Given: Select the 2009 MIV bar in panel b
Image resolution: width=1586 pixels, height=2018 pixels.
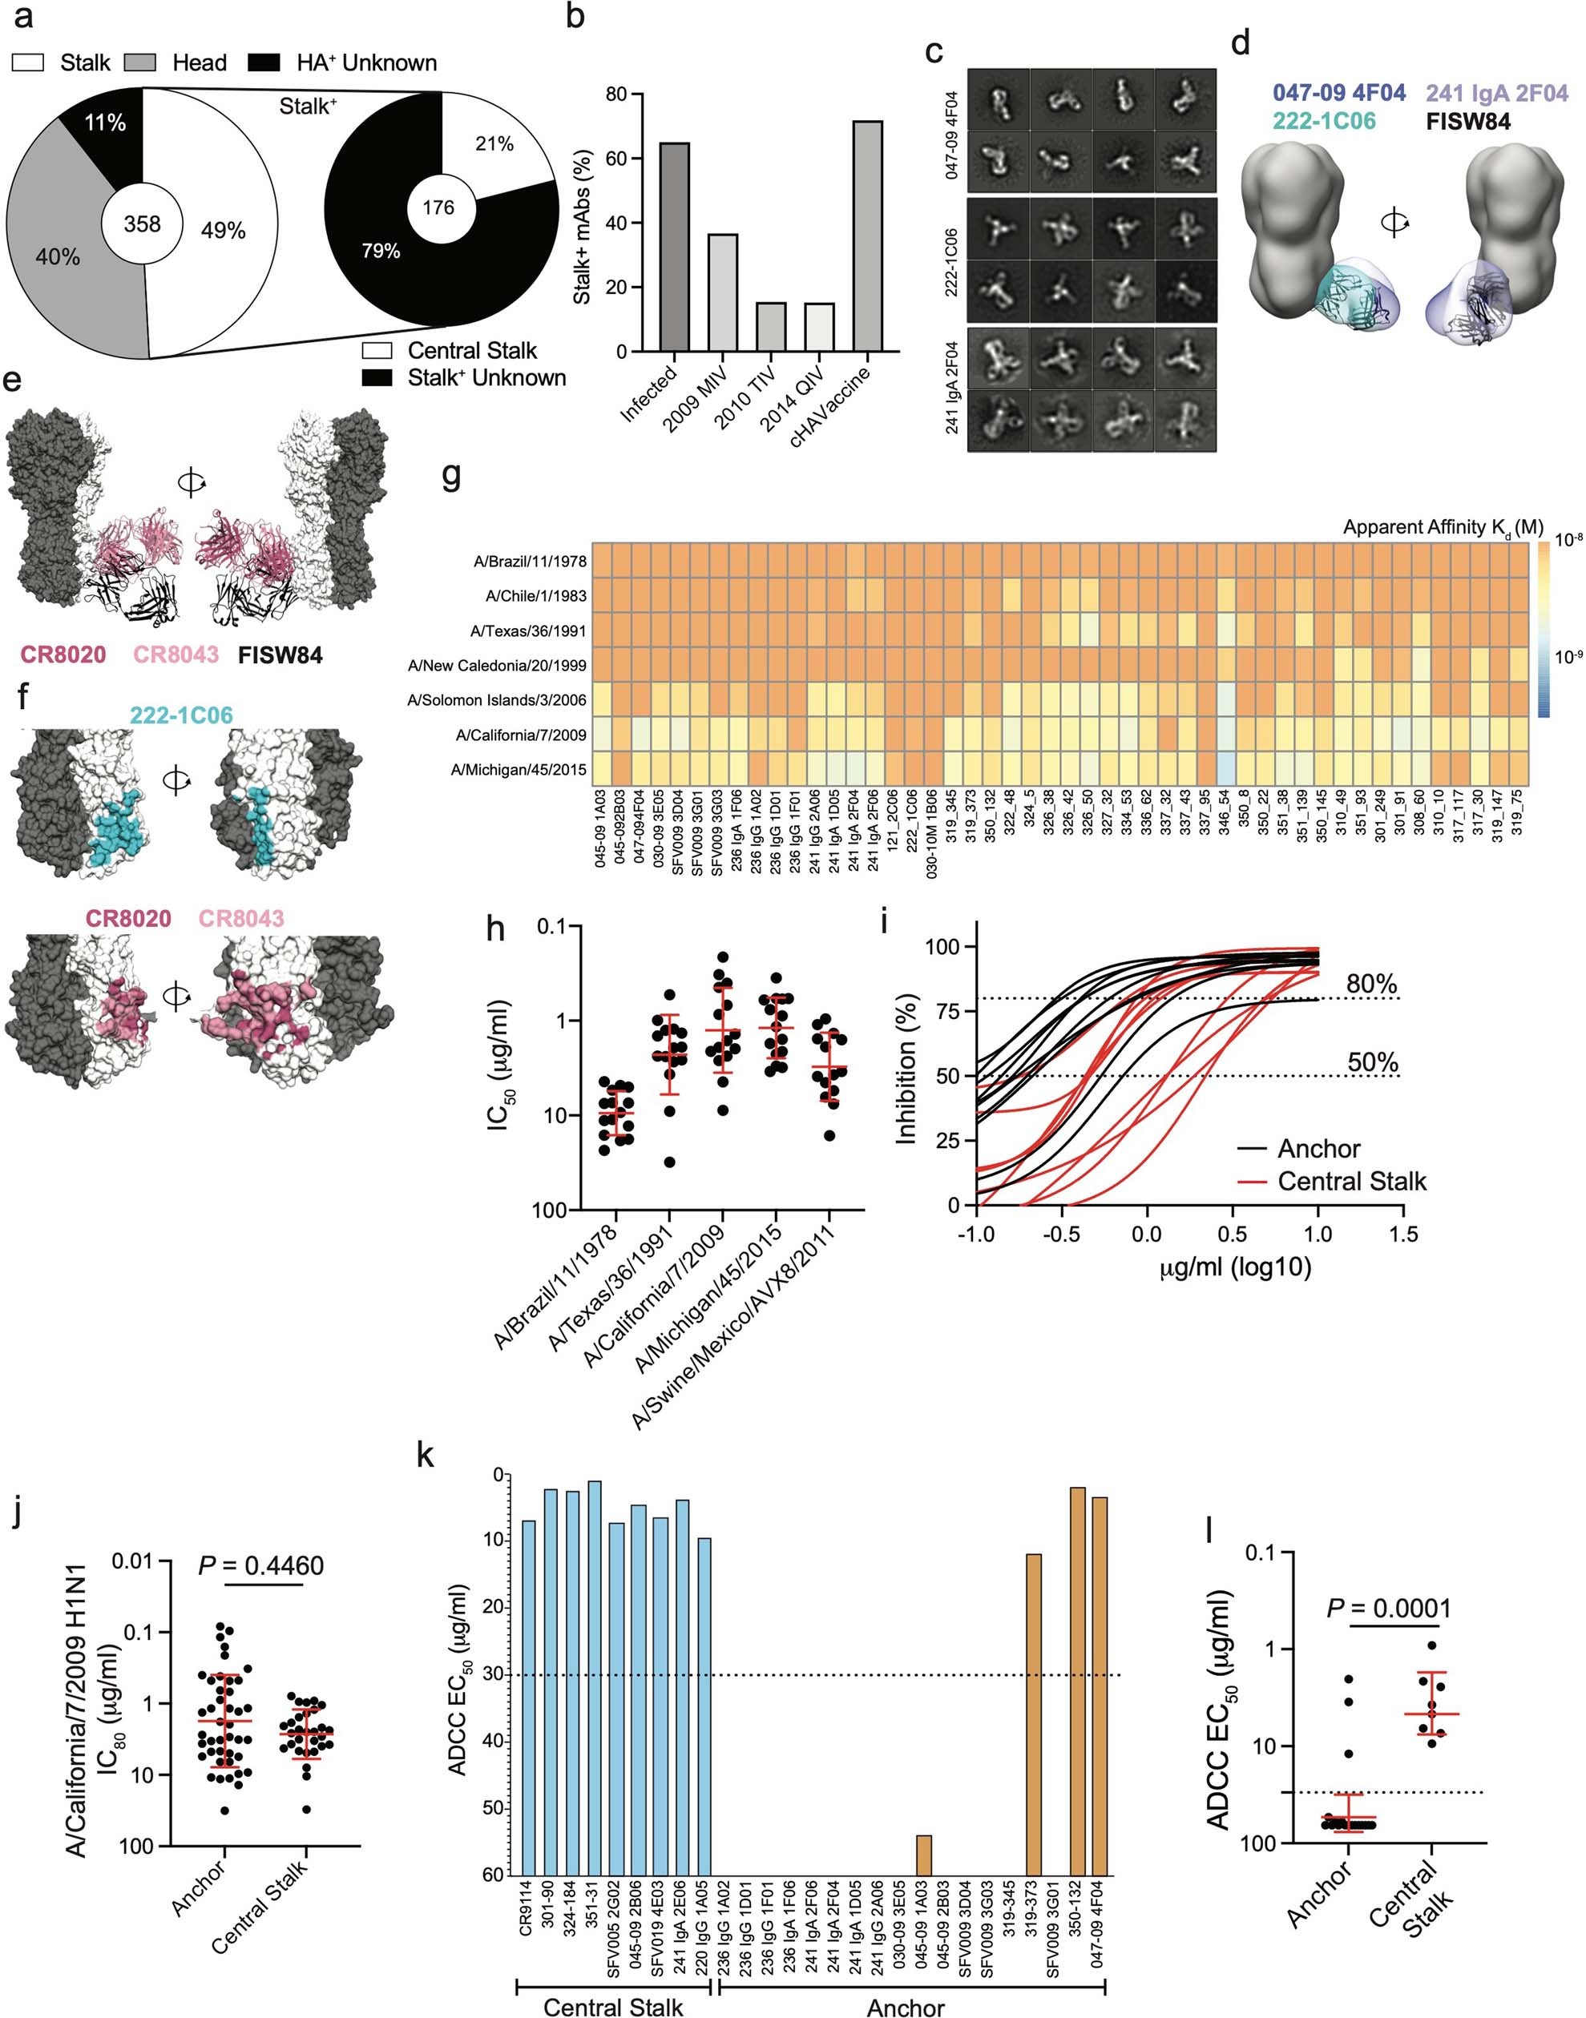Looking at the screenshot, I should [x=722, y=293].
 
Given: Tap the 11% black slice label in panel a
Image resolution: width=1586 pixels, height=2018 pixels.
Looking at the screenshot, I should [x=105, y=123].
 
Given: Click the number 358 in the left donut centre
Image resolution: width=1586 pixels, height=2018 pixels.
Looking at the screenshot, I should [x=142, y=224].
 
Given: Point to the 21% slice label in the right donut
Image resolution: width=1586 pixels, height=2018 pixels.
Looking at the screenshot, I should [x=494, y=144].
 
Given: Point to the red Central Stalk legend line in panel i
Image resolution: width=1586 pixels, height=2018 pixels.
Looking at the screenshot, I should [x=1253, y=1182].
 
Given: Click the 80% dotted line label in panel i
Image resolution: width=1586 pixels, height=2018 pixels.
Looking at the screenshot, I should [x=1370, y=985].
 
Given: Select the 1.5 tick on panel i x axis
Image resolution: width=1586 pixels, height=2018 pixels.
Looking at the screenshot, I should [x=1402, y=1234].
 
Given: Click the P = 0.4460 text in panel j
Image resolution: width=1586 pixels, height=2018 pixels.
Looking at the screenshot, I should [x=261, y=1566].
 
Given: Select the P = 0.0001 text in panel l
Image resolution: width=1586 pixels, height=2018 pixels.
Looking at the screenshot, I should [x=1388, y=1608].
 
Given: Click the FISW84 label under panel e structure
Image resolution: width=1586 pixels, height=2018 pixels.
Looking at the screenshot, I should [x=280, y=655].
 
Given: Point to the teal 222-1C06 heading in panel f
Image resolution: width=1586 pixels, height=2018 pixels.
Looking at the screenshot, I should [x=181, y=715].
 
